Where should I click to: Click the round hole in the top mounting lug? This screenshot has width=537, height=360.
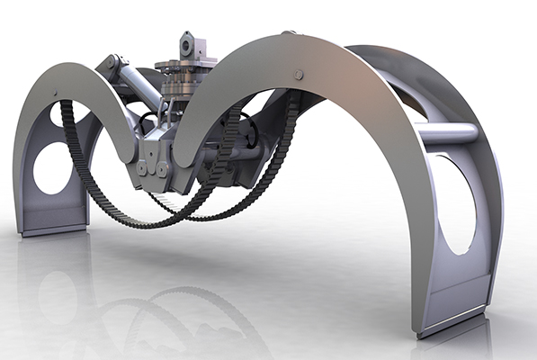click(x=187, y=41)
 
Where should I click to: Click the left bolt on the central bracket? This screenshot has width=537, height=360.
click(x=146, y=167)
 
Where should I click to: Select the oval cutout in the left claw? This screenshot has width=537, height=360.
click(x=52, y=167)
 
